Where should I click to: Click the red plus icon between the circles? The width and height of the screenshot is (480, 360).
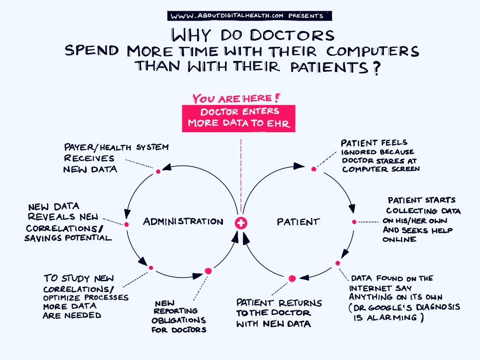(x=241, y=224)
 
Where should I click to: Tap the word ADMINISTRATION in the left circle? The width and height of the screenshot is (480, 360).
(x=183, y=221)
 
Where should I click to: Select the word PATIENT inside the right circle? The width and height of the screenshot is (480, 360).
(x=298, y=222)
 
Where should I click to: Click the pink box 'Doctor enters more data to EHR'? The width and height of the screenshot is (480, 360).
(x=239, y=118)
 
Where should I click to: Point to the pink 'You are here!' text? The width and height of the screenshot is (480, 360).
(x=236, y=98)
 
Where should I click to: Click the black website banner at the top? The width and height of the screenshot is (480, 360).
(x=249, y=15)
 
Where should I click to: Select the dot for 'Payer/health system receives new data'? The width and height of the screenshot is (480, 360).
(x=158, y=172)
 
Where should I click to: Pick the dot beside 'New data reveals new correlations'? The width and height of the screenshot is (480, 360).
(x=127, y=225)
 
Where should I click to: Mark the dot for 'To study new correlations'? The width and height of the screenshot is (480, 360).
(x=151, y=268)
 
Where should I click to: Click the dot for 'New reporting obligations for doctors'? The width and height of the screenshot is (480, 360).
(x=208, y=271)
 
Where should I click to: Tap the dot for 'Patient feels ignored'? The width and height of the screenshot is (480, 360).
(x=314, y=169)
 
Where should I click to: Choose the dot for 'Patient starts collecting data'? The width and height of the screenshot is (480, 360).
(x=354, y=222)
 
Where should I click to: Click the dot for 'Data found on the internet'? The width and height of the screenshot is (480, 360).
(x=337, y=263)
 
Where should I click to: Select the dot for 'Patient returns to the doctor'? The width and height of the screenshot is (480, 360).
(x=292, y=278)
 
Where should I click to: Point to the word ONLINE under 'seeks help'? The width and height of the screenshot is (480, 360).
(x=399, y=240)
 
